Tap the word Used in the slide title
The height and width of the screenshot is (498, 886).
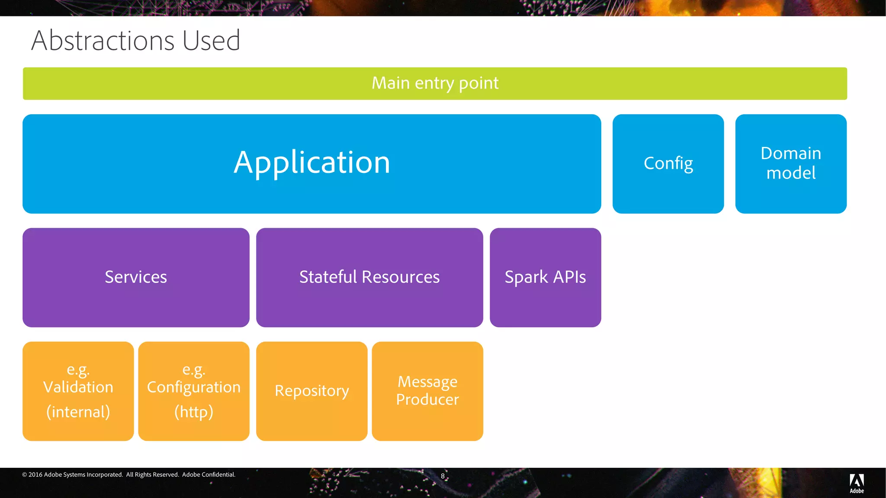point(211,41)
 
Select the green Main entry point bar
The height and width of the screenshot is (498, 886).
point(435,83)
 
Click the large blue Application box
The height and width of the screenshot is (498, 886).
point(311,163)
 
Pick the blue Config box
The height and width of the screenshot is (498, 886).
point(668,163)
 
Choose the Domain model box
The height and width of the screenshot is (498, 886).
point(791,163)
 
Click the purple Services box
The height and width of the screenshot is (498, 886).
point(136,277)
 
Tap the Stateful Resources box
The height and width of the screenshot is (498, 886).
point(369,277)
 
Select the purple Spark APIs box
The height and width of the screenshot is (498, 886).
point(545,277)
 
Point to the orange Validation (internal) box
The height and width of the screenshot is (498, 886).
point(78,391)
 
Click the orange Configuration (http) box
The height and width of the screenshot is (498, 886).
point(194,391)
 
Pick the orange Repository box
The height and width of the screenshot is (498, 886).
point(311,391)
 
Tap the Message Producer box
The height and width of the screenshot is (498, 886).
point(427,391)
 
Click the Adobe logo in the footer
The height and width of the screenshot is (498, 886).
point(857,483)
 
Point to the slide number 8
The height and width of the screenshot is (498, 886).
point(443,476)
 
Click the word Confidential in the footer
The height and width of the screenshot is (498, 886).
point(218,475)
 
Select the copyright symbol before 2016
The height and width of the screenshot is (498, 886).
point(25,475)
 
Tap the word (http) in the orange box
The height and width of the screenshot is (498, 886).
point(194,412)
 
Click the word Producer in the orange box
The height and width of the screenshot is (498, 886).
point(427,399)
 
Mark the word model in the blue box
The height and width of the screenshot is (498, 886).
point(791,173)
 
